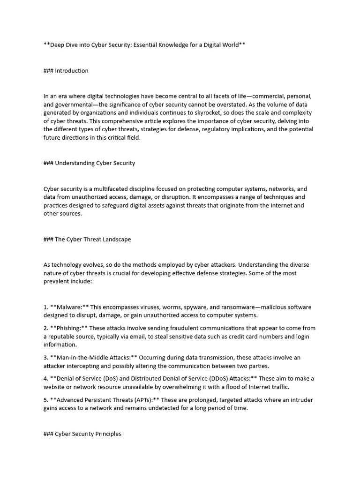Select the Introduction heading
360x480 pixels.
tap(71, 71)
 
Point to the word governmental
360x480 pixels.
tap(75, 104)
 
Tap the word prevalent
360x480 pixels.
tap(58, 281)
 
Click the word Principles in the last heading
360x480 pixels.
tap(107, 434)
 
